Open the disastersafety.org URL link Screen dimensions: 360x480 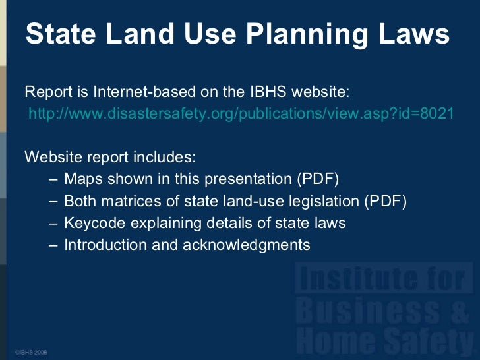pyautogui.click(x=241, y=113)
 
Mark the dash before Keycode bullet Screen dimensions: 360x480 pyautogui.click(x=53, y=223)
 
